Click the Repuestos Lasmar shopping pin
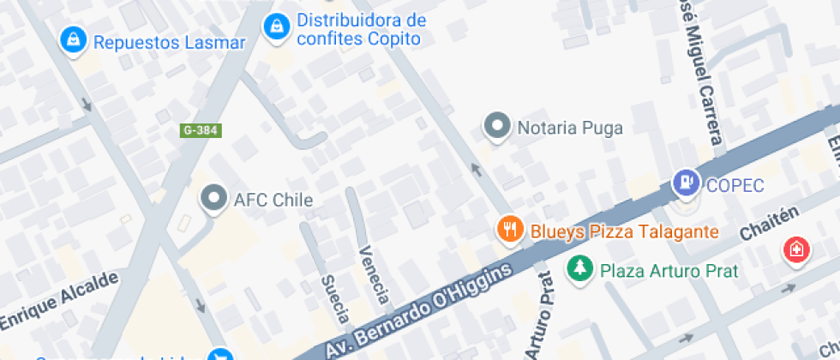(73, 39)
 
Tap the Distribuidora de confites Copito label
(360, 29)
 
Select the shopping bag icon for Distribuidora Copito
(275, 27)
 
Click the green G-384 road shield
(201, 130)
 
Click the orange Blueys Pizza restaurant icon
(511, 229)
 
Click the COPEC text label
(735, 185)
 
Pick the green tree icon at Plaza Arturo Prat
(579, 268)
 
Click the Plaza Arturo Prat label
(669, 271)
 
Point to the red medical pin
(796, 249)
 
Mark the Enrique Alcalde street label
(57, 301)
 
